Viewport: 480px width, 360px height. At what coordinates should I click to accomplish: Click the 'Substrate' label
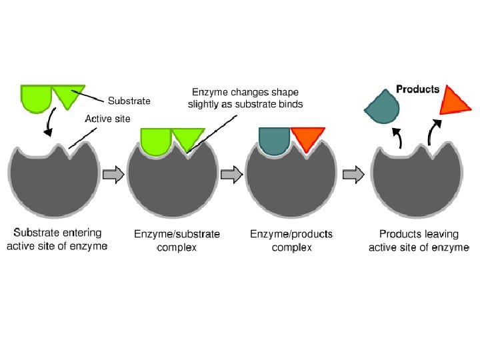[129, 101]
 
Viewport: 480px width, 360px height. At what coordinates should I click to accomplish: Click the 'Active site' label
[107, 119]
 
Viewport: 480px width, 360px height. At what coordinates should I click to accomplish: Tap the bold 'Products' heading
[418, 89]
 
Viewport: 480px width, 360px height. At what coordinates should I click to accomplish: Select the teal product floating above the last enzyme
[381, 105]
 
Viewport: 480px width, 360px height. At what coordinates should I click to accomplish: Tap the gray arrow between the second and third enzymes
[231, 175]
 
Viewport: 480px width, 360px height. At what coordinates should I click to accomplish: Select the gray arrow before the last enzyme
[353, 175]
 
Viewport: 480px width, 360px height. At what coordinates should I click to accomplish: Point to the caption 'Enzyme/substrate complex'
[177, 241]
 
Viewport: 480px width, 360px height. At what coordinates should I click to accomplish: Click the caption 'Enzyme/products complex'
[291, 241]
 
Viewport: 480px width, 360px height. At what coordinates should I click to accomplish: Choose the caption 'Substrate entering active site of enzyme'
[57, 239]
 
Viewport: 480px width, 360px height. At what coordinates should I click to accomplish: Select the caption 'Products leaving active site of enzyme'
[419, 241]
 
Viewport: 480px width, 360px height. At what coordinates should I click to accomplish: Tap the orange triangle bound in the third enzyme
[307, 138]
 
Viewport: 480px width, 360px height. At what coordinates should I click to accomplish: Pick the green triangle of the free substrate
[68, 94]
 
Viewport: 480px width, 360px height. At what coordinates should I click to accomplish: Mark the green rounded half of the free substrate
[36, 97]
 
